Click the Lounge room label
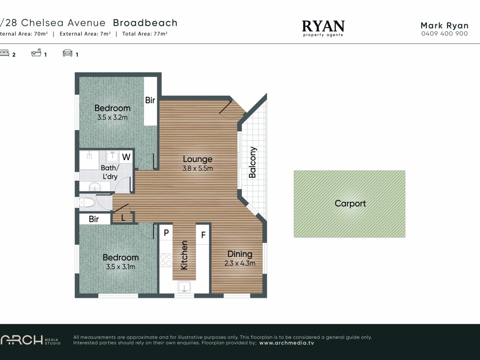point(198,159)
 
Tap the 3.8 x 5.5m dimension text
point(198,168)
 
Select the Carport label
point(350,204)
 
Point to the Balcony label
point(252,162)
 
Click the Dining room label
point(240,254)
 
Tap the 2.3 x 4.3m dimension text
point(240,263)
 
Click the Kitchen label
point(184,255)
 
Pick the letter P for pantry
point(166,233)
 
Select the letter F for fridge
point(203,235)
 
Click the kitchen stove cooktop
point(166,260)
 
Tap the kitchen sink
point(184,286)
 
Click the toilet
point(87,202)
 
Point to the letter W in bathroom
point(126,157)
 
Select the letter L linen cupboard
point(123,218)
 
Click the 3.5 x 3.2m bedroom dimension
point(112,117)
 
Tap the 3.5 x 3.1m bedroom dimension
point(120,267)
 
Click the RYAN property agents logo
point(323,28)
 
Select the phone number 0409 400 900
point(444,34)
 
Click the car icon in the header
point(67,53)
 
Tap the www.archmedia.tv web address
point(286,343)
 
